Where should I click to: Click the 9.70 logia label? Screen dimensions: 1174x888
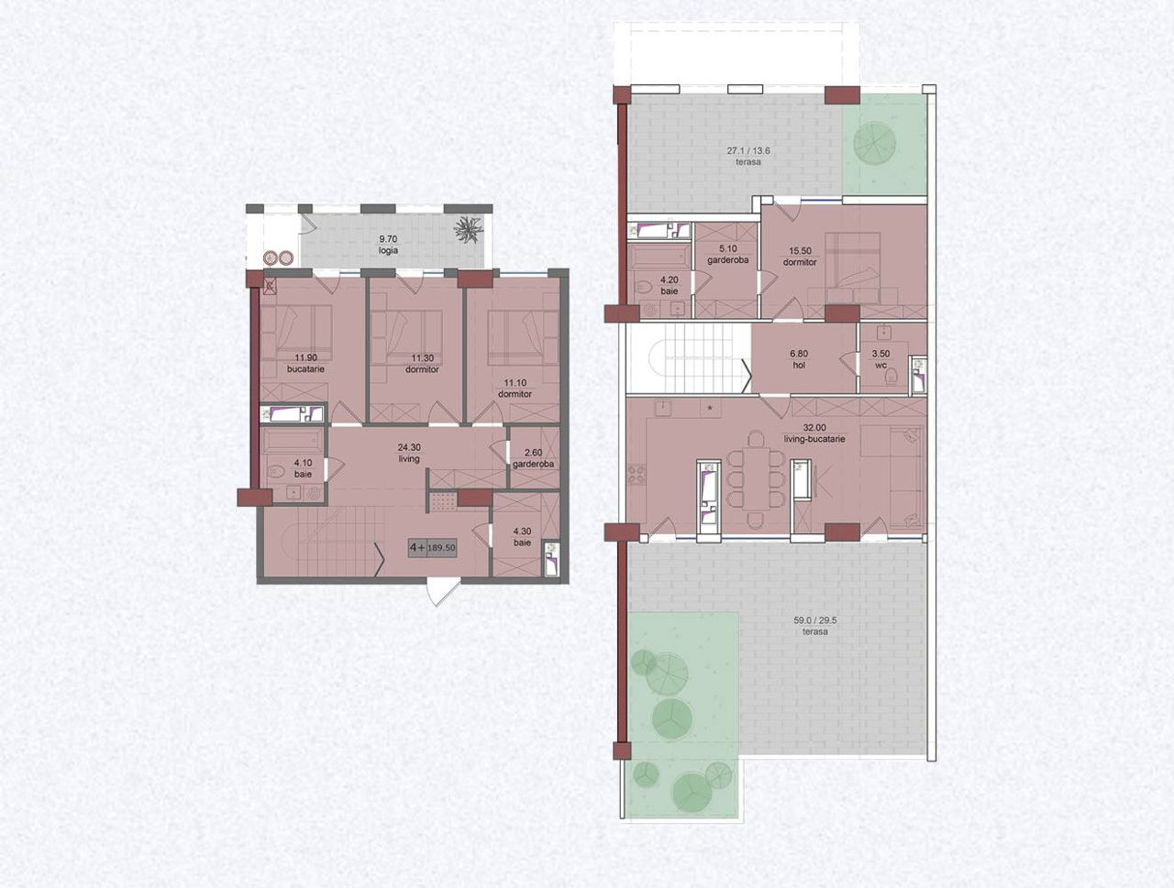tap(388, 245)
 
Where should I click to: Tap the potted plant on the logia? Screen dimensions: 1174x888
tap(468, 229)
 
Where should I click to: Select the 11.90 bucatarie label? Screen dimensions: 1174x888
tap(305, 363)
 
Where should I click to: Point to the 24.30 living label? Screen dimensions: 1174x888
tap(409, 453)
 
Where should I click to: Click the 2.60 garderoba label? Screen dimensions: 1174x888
tap(533, 458)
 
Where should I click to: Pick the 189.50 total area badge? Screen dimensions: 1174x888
tap(433, 548)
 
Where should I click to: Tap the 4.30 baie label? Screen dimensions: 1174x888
tap(523, 537)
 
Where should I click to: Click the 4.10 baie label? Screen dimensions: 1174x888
tap(303, 468)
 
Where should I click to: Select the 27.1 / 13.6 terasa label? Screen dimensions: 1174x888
tap(748, 156)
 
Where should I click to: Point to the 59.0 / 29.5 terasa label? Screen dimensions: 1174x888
tap(815, 626)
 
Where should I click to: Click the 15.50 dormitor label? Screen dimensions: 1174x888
tap(800, 257)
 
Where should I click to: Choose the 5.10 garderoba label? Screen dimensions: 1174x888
tap(728, 255)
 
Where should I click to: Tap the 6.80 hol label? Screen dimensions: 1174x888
tap(799, 359)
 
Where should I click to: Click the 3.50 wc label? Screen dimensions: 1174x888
tap(880, 359)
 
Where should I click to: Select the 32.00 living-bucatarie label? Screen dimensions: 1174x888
tap(814, 433)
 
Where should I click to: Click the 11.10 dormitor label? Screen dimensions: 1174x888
tap(515, 389)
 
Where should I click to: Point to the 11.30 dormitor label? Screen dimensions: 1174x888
tap(422, 364)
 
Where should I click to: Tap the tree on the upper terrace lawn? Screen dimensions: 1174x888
tap(874, 142)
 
